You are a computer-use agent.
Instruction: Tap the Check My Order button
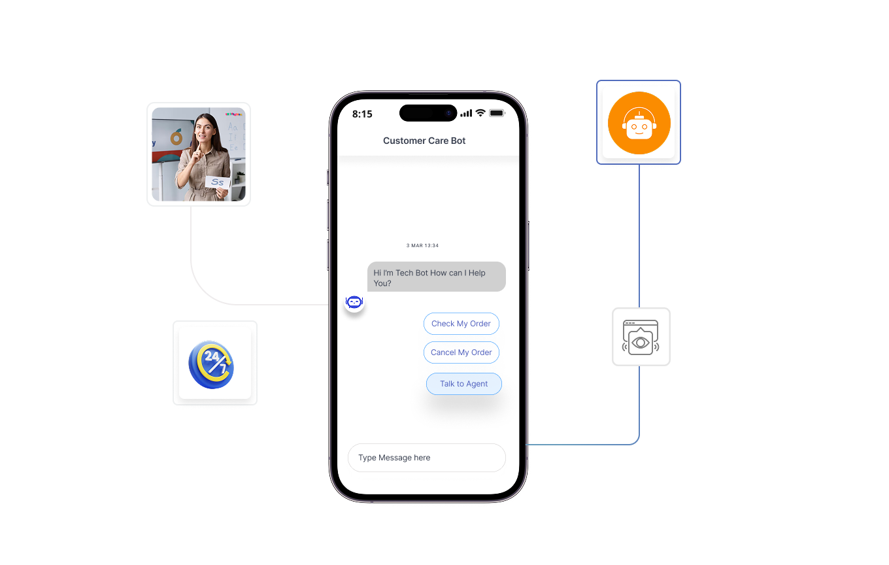461,324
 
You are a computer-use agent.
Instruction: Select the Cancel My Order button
461,352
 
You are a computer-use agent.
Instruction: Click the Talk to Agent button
463,384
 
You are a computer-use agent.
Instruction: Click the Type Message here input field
426,458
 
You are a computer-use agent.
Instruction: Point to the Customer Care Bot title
424,141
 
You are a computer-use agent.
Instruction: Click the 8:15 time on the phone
362,114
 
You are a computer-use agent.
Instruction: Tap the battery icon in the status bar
497,113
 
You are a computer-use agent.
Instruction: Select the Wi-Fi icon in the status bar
480,113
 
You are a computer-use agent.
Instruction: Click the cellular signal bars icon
466,113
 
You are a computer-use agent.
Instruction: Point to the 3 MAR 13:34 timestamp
422,246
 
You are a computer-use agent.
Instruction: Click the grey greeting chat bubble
436,278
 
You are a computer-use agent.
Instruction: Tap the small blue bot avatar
354,302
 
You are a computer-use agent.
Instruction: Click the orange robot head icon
639,123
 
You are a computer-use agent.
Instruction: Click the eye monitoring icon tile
641,337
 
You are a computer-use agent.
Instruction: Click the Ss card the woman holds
217,182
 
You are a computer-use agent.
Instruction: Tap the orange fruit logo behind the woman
176,137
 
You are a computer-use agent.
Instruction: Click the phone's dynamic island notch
428,113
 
